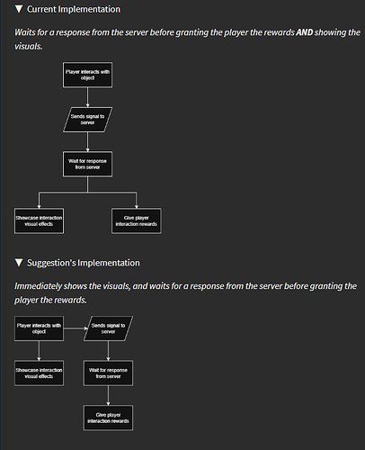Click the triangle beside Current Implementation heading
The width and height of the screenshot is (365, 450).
[x=19, y=9]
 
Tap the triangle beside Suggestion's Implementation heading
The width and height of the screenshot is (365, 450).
[x=19, y=263]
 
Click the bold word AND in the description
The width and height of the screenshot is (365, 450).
[x=305, y=32]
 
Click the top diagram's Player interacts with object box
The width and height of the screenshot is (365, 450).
[x=87, y=75]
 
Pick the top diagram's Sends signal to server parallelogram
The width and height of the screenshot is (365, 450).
[x=87, y=120]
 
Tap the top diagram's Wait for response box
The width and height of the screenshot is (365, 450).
[x=87, y=164]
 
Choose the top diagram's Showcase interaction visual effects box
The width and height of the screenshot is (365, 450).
[x=39, y=220]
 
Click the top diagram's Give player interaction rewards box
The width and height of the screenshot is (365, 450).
[x=137, y=220]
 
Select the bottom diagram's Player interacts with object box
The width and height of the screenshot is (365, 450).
[x=39, y=328]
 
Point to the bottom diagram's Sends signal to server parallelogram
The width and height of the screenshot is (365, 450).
[x=108, y=328]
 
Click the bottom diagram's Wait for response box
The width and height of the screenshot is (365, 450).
[x=108, y=373]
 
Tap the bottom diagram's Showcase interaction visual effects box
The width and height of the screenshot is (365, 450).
[x=39, y=373]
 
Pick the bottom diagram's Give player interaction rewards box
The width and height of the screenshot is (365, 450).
[x=108, y=418]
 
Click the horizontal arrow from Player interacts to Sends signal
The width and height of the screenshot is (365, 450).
[x=76, y=328]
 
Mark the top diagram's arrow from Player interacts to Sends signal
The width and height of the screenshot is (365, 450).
[x=87, y=97]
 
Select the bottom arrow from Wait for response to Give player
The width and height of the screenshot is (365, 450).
[x=108, y=396]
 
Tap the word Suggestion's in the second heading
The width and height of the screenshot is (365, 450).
[x=51, y=263]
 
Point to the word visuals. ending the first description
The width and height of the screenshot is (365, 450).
[x=29, y=47]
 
